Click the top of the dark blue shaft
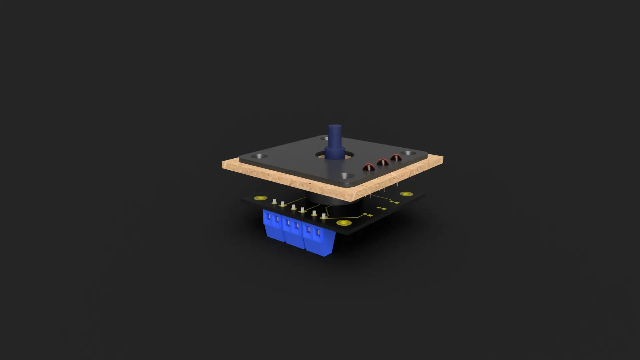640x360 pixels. pos(335,127)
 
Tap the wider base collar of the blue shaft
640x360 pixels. pos(334,153)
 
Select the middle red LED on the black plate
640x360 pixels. pos(382,162)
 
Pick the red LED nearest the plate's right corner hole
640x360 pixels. pos(396,158)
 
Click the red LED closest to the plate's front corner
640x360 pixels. pos(369,167)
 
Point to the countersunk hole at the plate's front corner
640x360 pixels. pos(345,175)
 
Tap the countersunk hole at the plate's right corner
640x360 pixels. pos(408,153)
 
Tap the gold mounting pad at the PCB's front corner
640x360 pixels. pos(344,223)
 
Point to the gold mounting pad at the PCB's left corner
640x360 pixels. pos(260,198)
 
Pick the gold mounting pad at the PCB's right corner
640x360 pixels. pos(406,194)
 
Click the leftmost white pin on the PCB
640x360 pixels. pos(274,201)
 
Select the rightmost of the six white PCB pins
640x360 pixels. pos(323,216)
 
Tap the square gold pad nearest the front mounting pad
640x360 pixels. pos(365,214)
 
